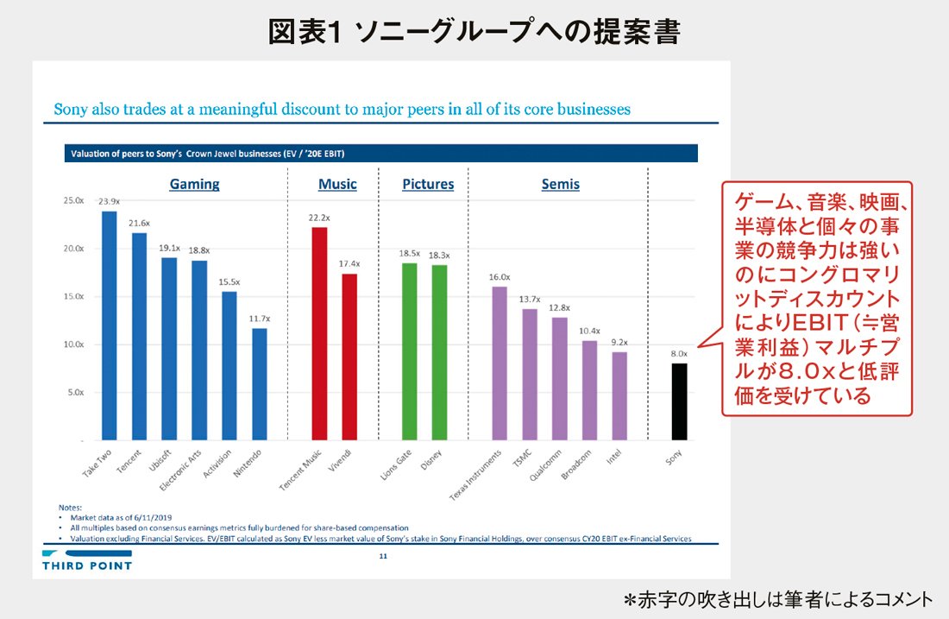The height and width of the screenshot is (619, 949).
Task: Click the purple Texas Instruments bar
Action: tap(500, 363)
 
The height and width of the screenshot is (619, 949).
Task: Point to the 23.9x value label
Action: tap(109, 201)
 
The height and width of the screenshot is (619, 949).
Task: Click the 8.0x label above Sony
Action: tap(679, 353)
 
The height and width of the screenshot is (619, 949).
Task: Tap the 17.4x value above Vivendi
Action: tap(349, 263)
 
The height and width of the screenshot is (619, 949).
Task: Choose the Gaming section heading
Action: tap(194, 184)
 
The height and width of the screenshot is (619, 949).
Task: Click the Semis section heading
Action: tap(560, 184)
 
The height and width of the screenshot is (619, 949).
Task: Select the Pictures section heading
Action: tap(428, 184)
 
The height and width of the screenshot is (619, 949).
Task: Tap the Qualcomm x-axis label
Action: tap(548, 467)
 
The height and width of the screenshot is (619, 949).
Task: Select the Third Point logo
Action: tap(86, 560)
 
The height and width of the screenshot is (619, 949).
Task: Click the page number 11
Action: tap(382, 558)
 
